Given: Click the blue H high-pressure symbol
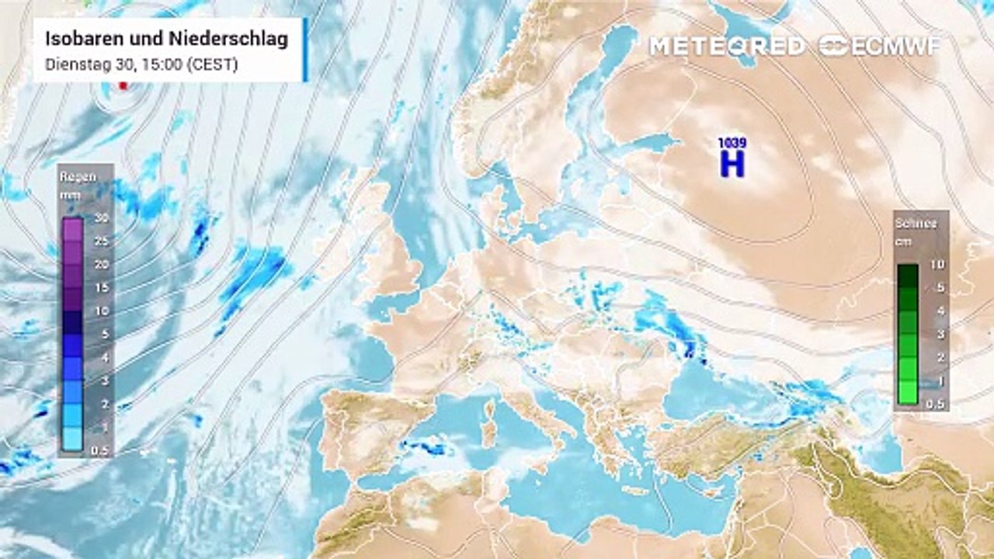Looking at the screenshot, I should click(732, 164).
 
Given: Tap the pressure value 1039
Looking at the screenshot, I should click(731, 144).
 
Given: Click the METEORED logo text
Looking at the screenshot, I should click(727, 46).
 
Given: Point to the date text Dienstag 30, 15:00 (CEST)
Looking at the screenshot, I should click(141, 66).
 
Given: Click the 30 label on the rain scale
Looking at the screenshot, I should click(101, 217).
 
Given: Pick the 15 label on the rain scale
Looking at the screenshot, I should click(101, 287).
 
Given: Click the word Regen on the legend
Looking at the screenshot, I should click(78, 176).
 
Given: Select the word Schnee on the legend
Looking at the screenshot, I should click(916, 224).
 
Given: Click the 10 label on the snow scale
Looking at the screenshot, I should click(937, 265).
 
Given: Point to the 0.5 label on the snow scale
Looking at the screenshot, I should click(936, 404).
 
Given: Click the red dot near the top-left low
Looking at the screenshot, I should click(123, 86).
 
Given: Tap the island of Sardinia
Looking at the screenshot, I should click(488, 425).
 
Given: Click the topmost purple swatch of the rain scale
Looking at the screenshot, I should click(72, 228).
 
